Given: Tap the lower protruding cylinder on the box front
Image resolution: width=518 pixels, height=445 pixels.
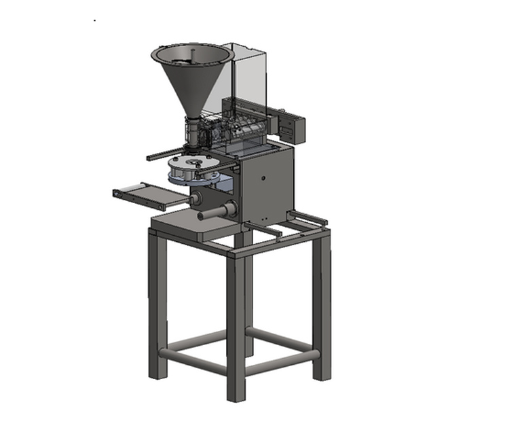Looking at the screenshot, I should coord(216,215).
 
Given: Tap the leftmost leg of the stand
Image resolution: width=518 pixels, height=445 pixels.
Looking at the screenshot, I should coord(157,306).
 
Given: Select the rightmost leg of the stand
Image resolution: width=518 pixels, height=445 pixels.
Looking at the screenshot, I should coord(322,306).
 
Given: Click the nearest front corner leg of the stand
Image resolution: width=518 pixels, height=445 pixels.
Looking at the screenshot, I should coord(236,326).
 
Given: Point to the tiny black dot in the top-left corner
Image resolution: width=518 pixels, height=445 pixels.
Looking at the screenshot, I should coord(94,20).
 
